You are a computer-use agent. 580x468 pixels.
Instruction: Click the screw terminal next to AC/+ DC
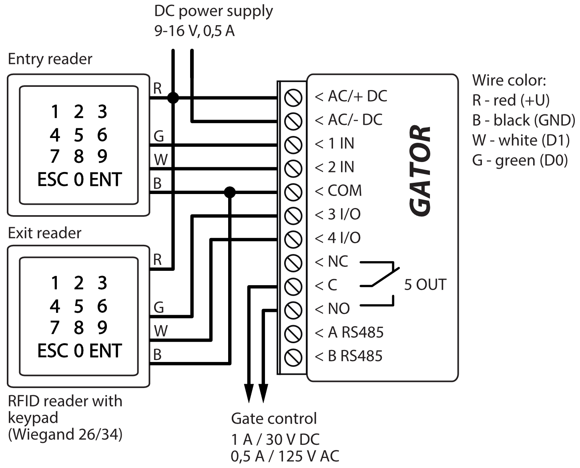[x=293, y=98]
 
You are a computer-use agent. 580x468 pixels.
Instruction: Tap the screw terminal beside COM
[x=293, y=192]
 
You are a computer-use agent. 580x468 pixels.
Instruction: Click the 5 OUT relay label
[x=425, y=285]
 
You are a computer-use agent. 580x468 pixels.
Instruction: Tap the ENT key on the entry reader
[x=105, y=180]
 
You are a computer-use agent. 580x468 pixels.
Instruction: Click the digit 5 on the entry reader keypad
[x=78, y=135]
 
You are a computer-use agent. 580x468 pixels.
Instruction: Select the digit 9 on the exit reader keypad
[x=102, y=328]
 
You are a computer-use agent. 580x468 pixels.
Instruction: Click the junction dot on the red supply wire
[x=173, y=98]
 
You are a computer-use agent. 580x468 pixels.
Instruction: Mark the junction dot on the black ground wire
[x=230, y=192]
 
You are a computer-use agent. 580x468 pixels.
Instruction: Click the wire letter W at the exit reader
[x=161, y=331]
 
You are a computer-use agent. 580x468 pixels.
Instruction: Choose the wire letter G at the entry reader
[x=159, y=136]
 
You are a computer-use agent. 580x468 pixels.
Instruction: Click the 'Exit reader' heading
[x=44, y=233]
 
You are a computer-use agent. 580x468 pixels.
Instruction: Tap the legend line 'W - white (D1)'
[x=521, y=140]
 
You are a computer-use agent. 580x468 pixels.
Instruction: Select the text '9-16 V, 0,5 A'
[x=195, y=31]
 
